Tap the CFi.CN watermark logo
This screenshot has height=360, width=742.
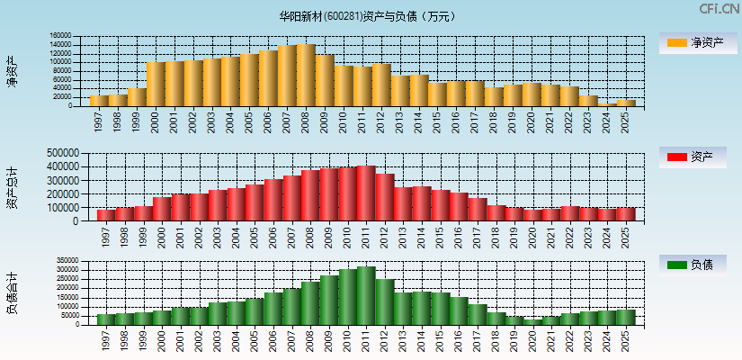coord(719,9)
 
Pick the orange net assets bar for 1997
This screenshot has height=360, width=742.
coord(99,101)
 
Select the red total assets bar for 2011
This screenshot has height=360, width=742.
coord(366,193)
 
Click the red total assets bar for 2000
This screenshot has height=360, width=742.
coord(162,209)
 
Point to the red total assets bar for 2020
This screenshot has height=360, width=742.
coord(532,215)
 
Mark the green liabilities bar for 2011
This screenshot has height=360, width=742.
coord(366,295)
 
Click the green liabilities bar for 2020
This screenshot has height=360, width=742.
coord(532,321)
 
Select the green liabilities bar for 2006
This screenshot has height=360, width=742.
coord(273,308)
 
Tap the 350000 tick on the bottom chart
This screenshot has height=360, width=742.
coord(58,260)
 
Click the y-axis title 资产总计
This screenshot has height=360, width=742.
coord(12,189)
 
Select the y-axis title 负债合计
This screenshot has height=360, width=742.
coord(12,292)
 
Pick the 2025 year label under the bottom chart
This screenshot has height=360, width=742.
coord(627,339)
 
